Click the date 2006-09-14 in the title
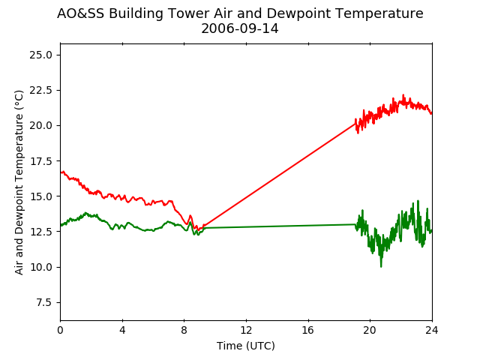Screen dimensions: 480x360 point(240,28)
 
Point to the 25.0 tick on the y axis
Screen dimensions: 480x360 point(40,55)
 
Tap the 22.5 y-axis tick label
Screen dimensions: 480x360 point(40,90)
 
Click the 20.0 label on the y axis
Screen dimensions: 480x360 point(40,126)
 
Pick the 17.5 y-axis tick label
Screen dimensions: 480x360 point(40,161)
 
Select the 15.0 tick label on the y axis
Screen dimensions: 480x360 point(40,196)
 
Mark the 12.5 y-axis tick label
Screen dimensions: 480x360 point(40,232)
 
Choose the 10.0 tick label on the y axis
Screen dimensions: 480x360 point(40,267)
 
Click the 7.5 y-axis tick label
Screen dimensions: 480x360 point(44,302)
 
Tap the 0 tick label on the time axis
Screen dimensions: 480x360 point(60,330)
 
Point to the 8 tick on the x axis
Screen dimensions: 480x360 point(184,330)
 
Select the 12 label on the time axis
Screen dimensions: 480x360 point(246,330)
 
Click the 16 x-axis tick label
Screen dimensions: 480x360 point(308,330)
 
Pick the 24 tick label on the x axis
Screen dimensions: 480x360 point(432,330)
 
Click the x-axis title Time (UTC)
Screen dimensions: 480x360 point(246,346)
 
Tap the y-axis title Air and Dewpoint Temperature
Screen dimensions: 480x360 point(19,182)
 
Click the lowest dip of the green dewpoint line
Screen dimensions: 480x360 point(381,267)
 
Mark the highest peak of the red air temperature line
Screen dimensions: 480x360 point(403,95)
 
